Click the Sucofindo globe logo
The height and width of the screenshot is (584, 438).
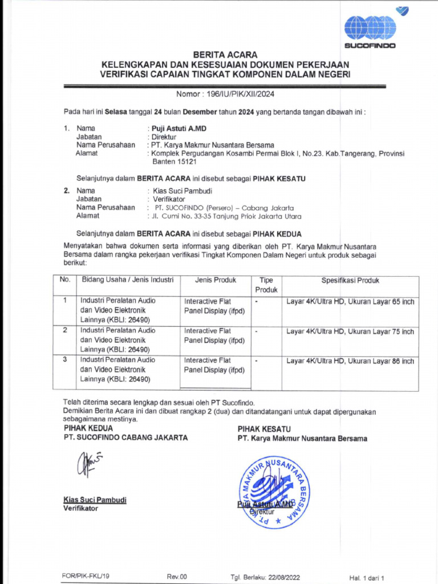pos(370,27)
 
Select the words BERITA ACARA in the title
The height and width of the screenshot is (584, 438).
pos(225,55)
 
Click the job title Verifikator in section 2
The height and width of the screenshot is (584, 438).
pos(167,199)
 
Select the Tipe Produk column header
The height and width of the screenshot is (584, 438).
pos(266,285)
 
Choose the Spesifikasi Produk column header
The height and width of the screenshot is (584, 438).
pos(350,281)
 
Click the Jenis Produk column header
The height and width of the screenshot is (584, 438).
pos(215,281)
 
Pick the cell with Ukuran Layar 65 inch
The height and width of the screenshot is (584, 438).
pos(350,301)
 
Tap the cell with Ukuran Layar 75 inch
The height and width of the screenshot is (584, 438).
pos(350,331)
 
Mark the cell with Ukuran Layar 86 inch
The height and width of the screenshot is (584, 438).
pos(350,361)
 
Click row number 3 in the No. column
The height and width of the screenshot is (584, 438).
pos(65,360)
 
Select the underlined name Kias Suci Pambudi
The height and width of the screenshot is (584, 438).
pos(95,500)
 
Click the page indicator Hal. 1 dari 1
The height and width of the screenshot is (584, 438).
pos(367,577)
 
